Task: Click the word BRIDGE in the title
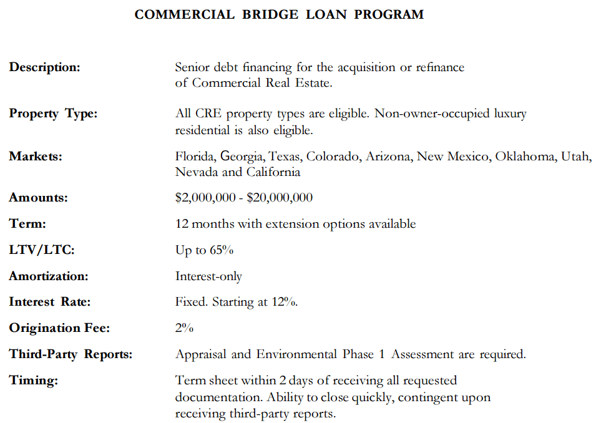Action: coord(270,14)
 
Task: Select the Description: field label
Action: coord(44,67)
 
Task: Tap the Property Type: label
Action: coord(53,114)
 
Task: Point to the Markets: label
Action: coord(36,157)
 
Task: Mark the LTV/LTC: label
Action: coord(42,250)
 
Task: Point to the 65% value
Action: coord(222,250)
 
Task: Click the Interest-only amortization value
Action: coord(208,276)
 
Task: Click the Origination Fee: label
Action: coord(59,328)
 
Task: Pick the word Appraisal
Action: coord(201,355)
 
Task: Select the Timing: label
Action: coord(33,381)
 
